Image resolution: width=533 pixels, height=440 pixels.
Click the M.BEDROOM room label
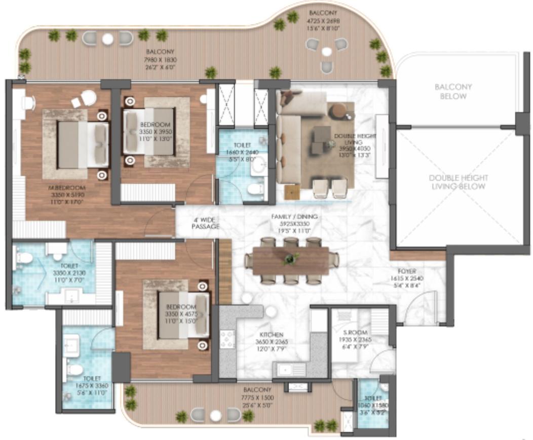tap(66, 188)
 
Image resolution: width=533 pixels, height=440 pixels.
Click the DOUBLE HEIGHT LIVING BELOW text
tap(459, 182)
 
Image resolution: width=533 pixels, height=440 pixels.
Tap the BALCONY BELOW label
tap(453, 91)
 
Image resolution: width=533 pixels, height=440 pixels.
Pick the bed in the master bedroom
tap(83, 144)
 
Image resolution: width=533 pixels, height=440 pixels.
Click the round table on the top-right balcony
tap(327, 51)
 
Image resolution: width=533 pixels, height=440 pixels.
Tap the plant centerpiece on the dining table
tap(290, 259)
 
